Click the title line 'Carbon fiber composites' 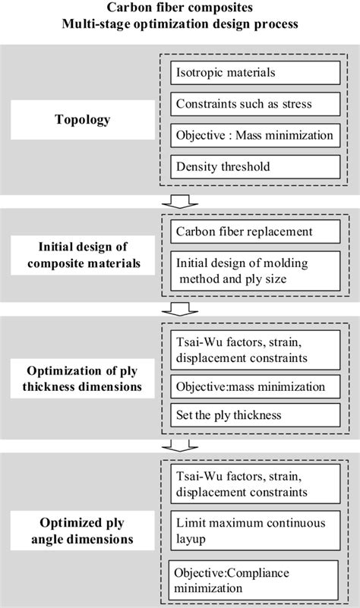pyautogui.click(x=180, y=9)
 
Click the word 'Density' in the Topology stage pyautogui.click(x=196, y=165)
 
